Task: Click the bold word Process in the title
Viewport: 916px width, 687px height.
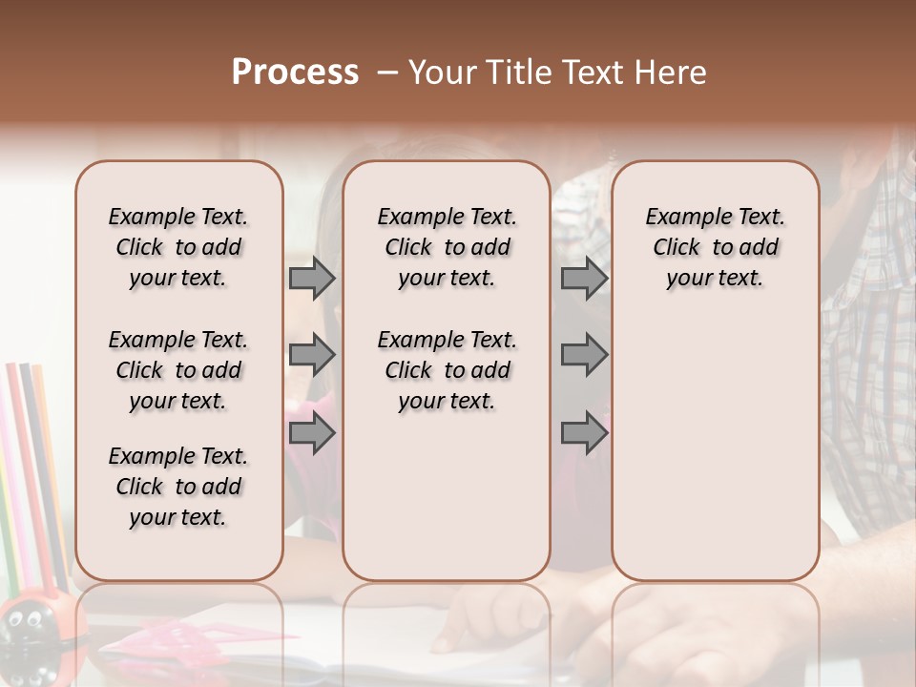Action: pos(295,73)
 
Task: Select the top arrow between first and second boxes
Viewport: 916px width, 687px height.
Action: pos(312,279)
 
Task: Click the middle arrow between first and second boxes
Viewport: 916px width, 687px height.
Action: pos(312,356)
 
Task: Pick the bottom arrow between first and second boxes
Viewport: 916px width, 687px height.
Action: pos(312,433)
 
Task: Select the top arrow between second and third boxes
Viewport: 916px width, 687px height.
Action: pos(584,279)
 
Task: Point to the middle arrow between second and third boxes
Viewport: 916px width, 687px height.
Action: pos(584,356)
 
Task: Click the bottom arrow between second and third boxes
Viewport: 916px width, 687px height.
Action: pos(584,433)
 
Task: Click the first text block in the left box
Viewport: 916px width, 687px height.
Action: pos(178,247)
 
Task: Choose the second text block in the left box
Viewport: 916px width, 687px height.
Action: pos(178,370)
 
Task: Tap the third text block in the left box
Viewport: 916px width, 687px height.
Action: pos(178,487)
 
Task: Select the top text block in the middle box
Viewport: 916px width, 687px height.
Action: pos(447,247)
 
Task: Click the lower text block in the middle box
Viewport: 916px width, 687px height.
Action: pos(447,370)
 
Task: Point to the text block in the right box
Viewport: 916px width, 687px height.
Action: pos(715,247)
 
